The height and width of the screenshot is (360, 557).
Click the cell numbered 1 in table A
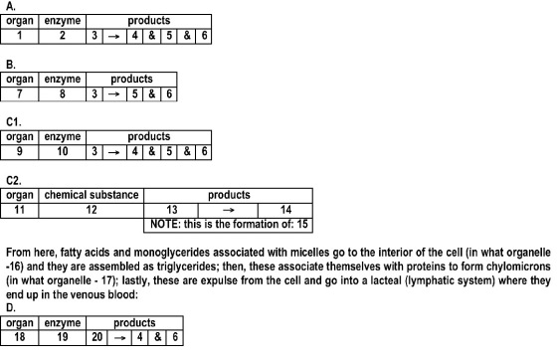[x=20, y=36]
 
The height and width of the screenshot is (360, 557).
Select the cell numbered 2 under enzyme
[x=62, y=36]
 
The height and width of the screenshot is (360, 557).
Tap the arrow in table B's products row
[x=114, y=94]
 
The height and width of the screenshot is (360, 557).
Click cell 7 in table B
[x=20, y=94]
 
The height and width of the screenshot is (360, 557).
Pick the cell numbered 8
[x=62, y=94]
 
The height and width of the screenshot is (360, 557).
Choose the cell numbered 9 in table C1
[x=20, y=152]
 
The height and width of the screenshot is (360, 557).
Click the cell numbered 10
[x=62, y=152]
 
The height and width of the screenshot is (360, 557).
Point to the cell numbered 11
[x=20, y=210]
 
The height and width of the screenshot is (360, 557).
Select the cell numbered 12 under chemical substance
[x=92, y=210]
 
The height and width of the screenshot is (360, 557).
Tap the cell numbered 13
[x=171, y=210]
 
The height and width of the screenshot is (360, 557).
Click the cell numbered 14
[x=285, y=210]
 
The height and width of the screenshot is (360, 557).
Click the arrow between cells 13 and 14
[x=228, y=210]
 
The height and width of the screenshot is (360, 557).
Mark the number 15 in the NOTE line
[x=302, y=225]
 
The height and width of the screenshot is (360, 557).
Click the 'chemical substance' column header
[x=92, y=195]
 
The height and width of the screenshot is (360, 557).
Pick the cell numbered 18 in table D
[x=20, y=337]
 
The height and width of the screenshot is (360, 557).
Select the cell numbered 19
[x=62, y=337]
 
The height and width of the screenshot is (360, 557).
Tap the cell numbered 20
[x=97, y=337]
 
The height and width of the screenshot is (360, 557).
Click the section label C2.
[x=14, y=181]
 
